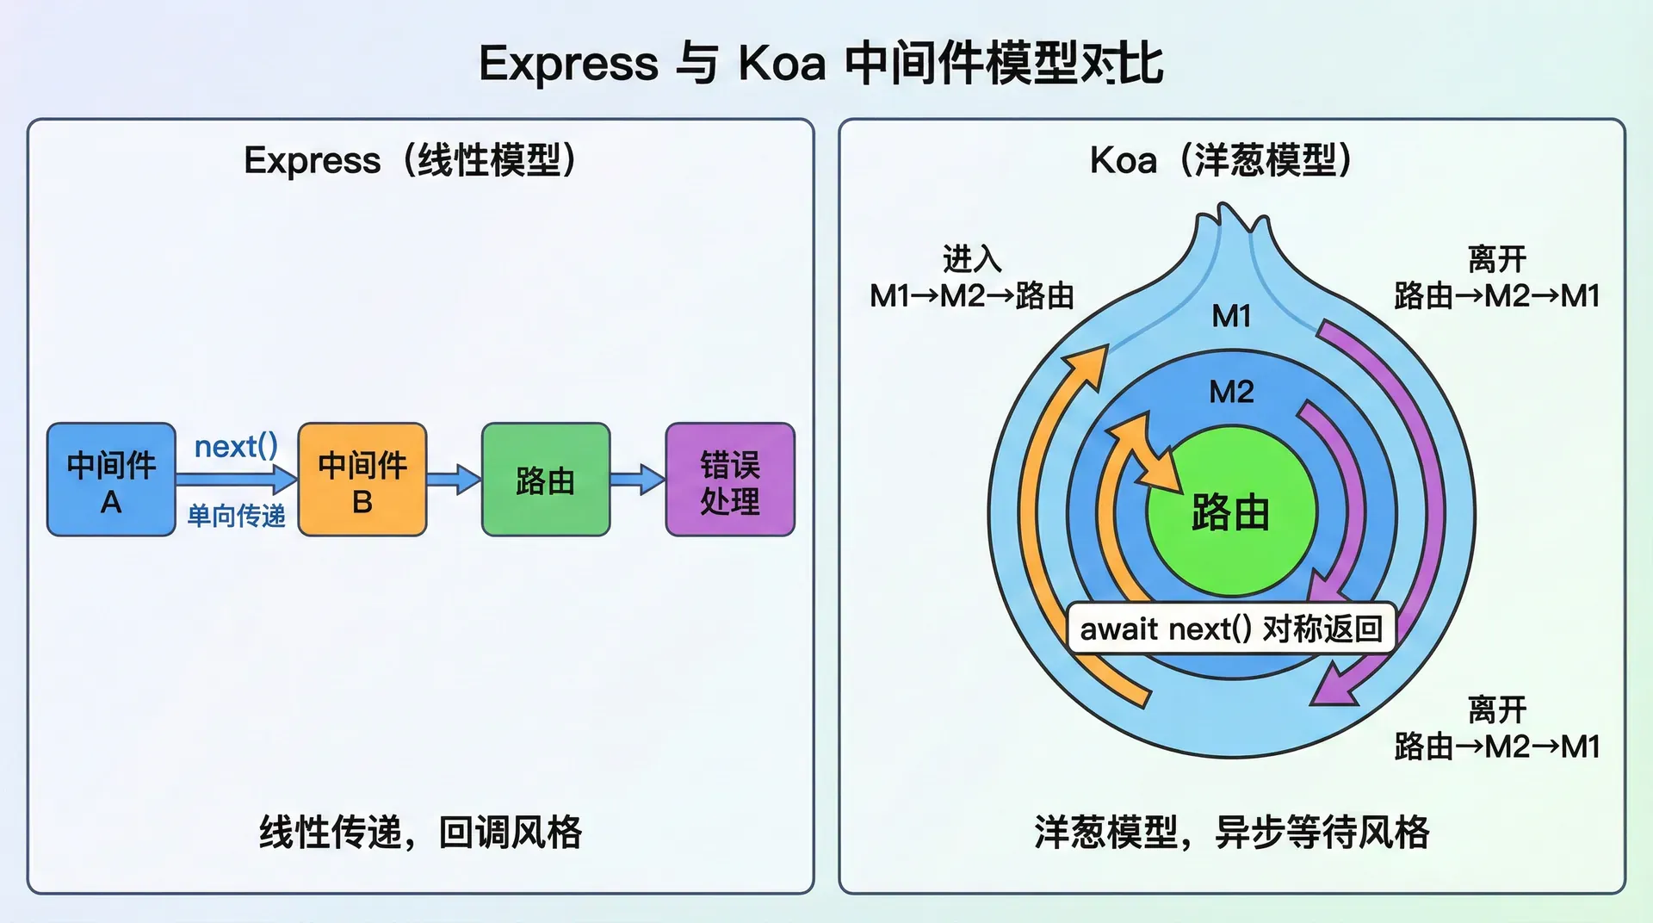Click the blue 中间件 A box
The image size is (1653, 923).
(111, 480)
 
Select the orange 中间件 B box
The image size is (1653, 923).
(362, 480)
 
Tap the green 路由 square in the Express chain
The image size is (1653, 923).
(546, 480)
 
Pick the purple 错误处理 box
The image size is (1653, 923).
(730, 480)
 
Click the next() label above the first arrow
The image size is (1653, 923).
(236, 447)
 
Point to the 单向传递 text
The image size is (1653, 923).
(236, 516)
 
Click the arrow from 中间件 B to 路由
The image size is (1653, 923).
(454, 479)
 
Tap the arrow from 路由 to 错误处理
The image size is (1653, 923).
(638, 479)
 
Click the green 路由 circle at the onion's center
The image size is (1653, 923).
(1231, 513)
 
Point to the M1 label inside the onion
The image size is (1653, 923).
(1231, 317)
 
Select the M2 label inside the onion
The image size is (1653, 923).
(1231, 393)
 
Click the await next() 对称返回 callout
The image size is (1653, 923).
(1231, 629)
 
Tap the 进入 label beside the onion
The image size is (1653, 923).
(972, 258)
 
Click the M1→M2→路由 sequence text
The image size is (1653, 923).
(972, 296)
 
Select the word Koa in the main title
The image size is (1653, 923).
(782, 64)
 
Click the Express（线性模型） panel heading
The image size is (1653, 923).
(411, 160)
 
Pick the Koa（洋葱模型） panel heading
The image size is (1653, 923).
(1221, 160)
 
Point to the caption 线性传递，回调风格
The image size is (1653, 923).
(420, 832)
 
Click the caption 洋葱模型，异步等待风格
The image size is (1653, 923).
(1231, 832)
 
